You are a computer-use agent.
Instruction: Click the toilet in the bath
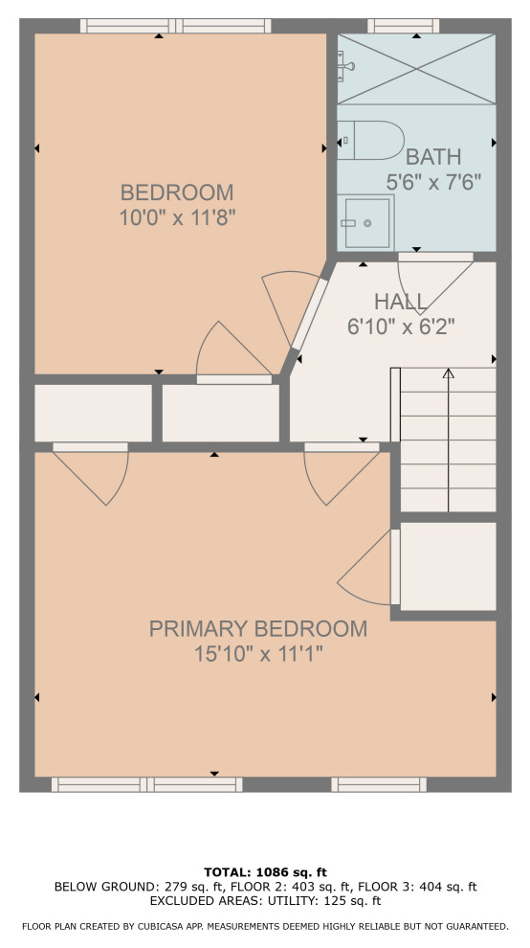(x=370, y=140)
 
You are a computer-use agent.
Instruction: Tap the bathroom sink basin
(x=366, y=223)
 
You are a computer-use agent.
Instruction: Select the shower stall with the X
(x=416, y=69)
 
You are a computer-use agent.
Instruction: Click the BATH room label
(x=433, y=157)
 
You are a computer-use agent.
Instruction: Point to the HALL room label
(x=401, y=301)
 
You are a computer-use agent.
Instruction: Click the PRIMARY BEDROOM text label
(x=258, y=629)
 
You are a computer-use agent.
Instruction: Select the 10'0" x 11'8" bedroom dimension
(x=177, y=217)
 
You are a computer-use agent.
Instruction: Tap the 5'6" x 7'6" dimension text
(x=433, y=181)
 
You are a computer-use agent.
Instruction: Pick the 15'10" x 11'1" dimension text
(x=258, y=654)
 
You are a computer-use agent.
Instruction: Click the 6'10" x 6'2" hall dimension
(x=401, y=327)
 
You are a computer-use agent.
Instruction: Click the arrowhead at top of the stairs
(x=448, y=373)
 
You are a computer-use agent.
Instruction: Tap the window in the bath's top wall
(x=403, y=26)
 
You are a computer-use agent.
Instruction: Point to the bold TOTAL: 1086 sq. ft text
(x=265, y=871)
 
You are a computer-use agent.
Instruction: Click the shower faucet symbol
(x=346, y=66)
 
